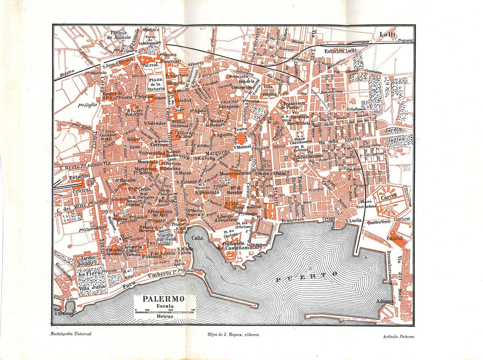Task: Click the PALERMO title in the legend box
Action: pyautogui.click(x=164, y=299)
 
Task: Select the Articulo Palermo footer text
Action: pyautogui.click(x=399, y=337)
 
